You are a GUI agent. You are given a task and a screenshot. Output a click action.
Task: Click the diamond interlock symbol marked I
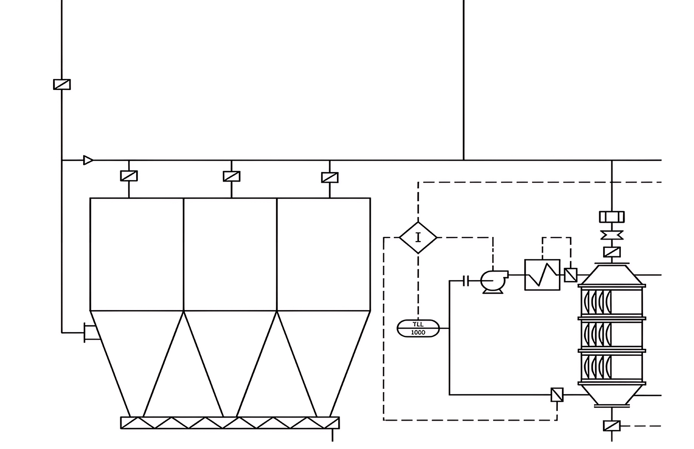pyautogui.click(x=419, y=238)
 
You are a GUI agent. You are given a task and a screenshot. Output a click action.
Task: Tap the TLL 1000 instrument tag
pyautogui.click(x=419, y=328)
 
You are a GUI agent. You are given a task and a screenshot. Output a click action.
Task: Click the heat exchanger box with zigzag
pyautogui.click(x=542, y=275)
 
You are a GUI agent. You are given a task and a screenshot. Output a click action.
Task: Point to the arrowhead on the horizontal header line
pyautogui.click(x=88, y=161)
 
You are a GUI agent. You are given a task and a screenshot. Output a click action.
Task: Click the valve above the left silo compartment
pyautogui.click(x=129, y=176)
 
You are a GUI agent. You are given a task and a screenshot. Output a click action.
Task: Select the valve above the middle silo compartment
pyautogui.click(x=231, y=176)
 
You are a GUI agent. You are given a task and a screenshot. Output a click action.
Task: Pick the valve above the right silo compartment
pyautogui.click(x=330, y=178)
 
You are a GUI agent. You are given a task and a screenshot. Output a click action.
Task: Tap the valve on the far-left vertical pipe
pyautogui.click(x=62, y=84)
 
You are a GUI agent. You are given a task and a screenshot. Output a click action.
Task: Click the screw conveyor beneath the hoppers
pyautogui.click(x=230, y=423)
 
